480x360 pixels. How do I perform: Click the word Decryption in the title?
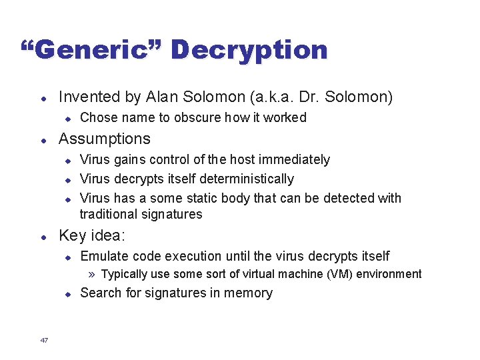click(249, 50)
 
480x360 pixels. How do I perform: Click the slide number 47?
click(44, 341)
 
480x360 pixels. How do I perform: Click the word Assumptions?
click(105, 139)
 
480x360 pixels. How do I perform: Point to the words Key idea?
click(92, 235)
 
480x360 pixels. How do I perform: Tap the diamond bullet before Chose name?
click(67, 118)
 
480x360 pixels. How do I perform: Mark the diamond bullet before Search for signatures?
click(67, 293)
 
